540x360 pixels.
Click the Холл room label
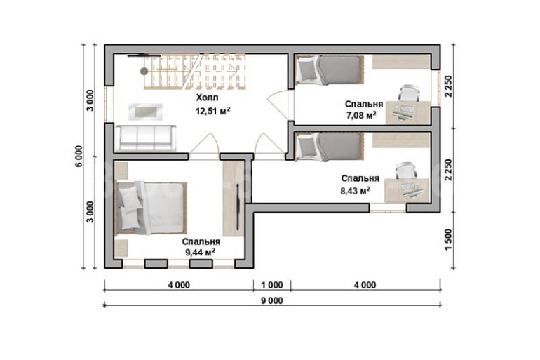pyautogui.click(x=208, y=98)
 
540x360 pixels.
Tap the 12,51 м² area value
pyautogui.click(x=212, y=111)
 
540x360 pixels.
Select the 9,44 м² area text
pyautogui.click(x=201, y=253)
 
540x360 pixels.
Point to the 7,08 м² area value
pyautogui.click(x=361, y=115)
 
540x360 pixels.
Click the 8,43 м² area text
pyautogui.click(x=356, y=190)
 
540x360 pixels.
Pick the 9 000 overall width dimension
pyautogui.click(x=271, y=301)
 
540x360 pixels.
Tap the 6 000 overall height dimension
pyautogui.click(x=79, y=156)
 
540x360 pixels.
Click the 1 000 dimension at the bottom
pyautogui.click(x=271, y=285)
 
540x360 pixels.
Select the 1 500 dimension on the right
pyautogui.click(x=448, y=240)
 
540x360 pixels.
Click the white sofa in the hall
pyautogui.click(x=145, y=138)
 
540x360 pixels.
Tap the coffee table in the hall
pyautogui.click(x=145, y=112)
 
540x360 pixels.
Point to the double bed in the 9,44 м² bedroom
pyautogui.click(x=151, y=208)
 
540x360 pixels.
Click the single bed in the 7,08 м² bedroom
pyautogui.click(x=329, y=70)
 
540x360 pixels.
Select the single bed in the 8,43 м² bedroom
pyautogui.click(x=329, y=147)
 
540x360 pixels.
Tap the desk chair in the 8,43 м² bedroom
pyautogui.click(x=405, y=171)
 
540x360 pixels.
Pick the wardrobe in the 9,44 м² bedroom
pyautogui.click(x=234, y=199)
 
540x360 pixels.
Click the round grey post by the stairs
pyautogui.click(x=144, y=72)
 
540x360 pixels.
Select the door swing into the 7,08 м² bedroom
pyautogui.click(x=278, y=105)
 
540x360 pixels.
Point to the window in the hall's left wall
pyautogui.click(x=109, y=103)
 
